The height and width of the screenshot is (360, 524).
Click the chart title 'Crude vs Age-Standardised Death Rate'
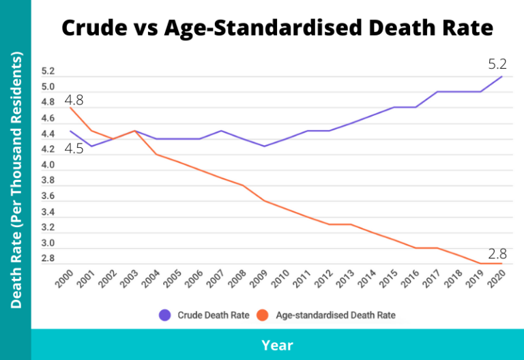276,28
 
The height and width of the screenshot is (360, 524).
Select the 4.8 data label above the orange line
74,100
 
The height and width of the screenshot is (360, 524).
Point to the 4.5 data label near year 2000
74,148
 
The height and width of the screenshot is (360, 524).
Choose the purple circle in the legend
164,315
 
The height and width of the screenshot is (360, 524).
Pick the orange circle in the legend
263,315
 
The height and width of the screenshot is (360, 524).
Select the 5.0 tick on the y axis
48,87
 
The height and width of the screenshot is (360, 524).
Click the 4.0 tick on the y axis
48,165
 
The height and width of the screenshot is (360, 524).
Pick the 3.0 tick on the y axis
48,243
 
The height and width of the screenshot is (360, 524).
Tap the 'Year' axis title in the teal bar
277,345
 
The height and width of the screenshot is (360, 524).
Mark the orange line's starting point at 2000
70,108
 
